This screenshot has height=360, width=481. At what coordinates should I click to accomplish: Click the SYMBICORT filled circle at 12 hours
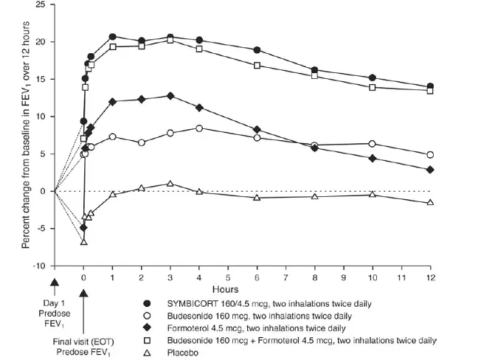click(x=430, y=86)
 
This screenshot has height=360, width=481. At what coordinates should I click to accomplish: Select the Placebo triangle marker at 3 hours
click(x=170, y=184)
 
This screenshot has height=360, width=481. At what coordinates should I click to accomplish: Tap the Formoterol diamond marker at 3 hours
click(x=170, y=96)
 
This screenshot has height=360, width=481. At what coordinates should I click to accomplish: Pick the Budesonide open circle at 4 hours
click(x=199, y=128)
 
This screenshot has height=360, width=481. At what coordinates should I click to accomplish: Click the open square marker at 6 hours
click(x=257, y=66)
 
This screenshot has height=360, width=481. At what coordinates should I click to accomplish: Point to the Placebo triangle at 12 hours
click(x=430, y=202)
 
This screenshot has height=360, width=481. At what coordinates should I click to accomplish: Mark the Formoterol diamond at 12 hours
click(x=430, y=170)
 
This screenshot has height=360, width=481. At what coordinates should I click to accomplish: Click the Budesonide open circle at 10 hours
click(x=372, y=144)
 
